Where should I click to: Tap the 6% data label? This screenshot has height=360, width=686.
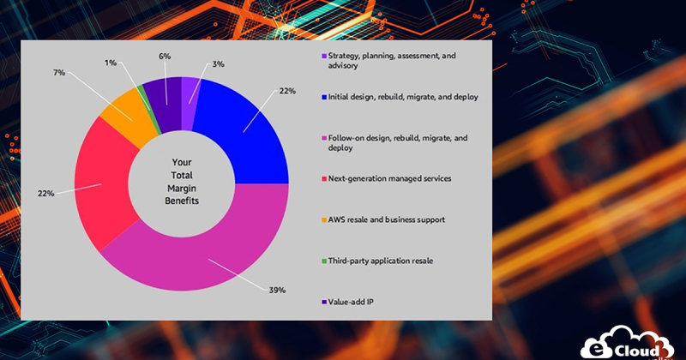165,56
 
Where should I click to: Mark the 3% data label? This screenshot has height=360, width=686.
218,63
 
